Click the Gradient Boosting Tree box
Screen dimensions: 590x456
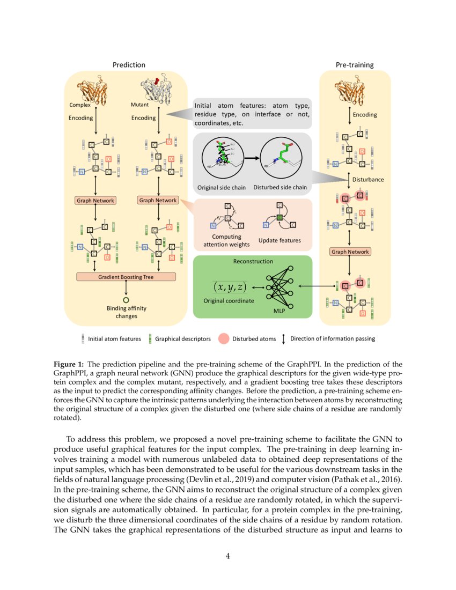pos(126,277)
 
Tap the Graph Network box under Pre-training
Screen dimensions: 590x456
pos(350,251)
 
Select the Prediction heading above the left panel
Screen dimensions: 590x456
pos(128,65)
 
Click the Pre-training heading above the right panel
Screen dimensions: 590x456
pos(355,65)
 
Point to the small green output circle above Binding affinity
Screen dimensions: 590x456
pos(126,300)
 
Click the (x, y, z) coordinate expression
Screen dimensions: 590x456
pos(227,287)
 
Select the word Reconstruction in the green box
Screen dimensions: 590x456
pos(253,261)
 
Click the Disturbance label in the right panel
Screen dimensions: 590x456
pos(367,179)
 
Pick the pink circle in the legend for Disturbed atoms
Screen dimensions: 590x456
pos(224,338)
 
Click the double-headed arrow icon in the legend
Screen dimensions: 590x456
pos(283,338)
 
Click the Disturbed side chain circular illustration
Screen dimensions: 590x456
pos(280,158)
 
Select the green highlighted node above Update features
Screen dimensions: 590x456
pos(279,217)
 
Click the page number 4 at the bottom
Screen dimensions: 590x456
pos(227,556)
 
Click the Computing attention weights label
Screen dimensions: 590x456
pos(226,240)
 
